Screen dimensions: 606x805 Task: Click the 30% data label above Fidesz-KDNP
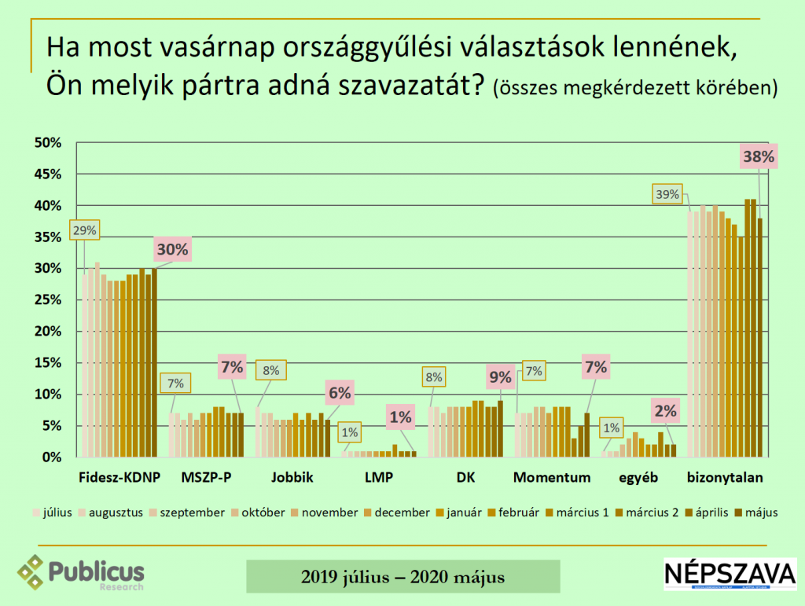click(x=173, y=250)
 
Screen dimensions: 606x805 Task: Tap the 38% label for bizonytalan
click(x=758, y=156)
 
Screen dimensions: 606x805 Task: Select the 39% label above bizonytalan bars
click(x=668, y=195)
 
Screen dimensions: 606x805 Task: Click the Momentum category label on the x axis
click(x=551, y=478)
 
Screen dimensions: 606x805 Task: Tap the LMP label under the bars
click(x=378, y=478)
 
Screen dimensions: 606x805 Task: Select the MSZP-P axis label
click(x=206, y=478)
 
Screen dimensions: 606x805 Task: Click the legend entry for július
click(x=53, y=512)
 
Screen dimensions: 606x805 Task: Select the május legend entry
click(x=757, y=512)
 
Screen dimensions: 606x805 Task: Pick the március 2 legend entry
click(x=647, y=512)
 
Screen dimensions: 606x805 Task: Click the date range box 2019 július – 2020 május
click(x=402, y=577)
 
